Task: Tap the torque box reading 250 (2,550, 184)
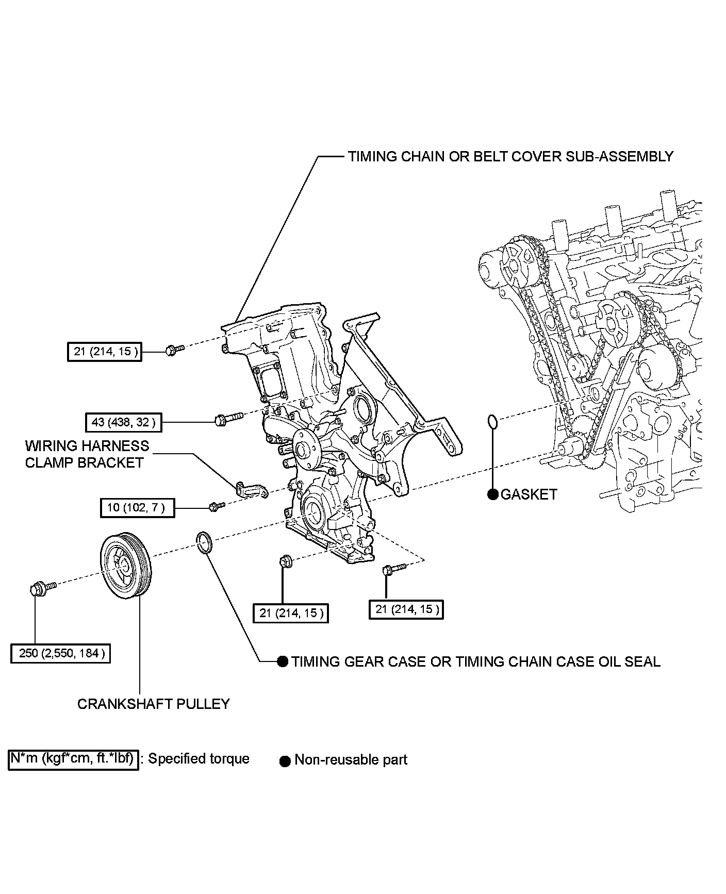click(61, 653)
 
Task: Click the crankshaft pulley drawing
click(125, 566)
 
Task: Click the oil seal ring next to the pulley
click(205, 543)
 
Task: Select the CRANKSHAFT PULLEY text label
click(153, 704)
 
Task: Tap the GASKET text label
click(529, 494)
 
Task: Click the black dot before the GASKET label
click(493, 494)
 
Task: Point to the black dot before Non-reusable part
click(285, 761)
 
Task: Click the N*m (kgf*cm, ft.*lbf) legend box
click(73, 759)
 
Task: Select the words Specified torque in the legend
click(199, 759)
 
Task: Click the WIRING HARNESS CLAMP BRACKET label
click(87, 454)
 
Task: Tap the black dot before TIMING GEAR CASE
click(283, 661)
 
